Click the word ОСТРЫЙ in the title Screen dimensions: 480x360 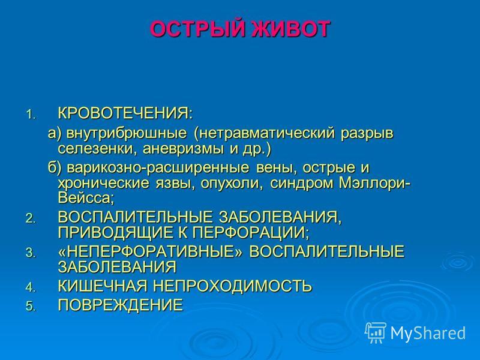197,29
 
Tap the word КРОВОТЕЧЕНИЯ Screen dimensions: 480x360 125,113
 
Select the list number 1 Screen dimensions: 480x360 31,115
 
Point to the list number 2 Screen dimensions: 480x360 31,218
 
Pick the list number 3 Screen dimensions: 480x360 31,253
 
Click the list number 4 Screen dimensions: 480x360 31,287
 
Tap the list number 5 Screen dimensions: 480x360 31,306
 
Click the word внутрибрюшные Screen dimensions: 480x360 127,133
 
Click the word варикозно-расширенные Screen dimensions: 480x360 158,169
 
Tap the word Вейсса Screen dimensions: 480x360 86,198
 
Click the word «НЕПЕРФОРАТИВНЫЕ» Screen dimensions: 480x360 150,251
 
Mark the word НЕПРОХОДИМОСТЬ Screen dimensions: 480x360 232,286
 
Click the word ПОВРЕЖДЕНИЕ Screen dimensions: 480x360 121,305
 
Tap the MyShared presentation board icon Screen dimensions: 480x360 376,332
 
